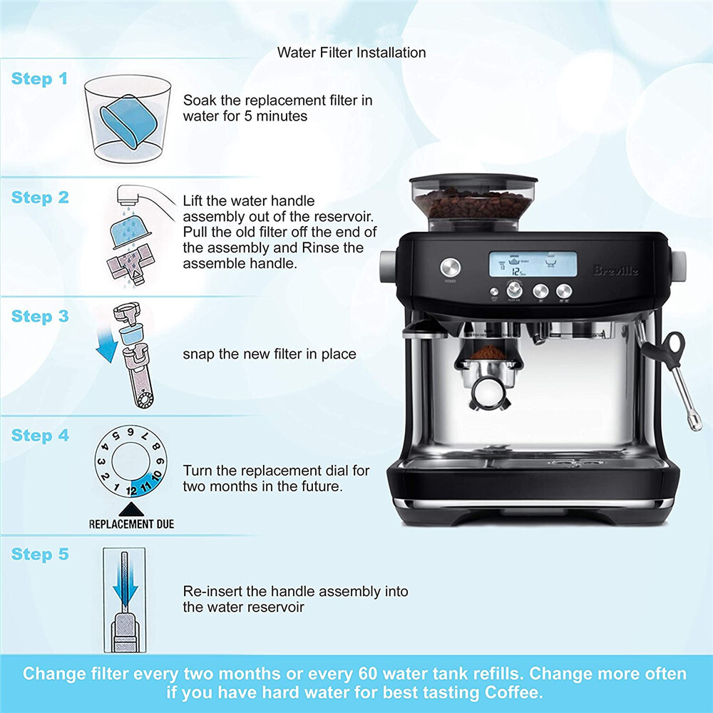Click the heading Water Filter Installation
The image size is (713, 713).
(352, 53)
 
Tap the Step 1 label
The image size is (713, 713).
(40, 79)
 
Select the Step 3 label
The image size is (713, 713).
(40, 317)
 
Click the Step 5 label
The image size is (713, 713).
(40, 554)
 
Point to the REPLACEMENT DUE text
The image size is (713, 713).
(131, 524)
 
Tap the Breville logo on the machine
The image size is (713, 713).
(617, 271)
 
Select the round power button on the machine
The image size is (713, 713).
(451, 267)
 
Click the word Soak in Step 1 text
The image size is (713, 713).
(200, 101)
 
